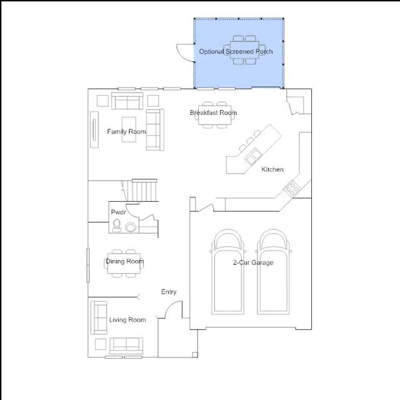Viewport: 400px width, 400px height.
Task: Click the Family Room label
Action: point(126,132)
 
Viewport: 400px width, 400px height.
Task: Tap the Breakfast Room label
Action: point(213,112)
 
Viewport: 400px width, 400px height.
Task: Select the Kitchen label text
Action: point(272,169)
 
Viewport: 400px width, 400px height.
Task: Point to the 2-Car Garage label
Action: point(253,262)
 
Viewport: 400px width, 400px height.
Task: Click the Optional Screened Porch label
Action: point(236,51)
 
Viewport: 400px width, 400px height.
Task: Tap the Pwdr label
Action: point(118,212)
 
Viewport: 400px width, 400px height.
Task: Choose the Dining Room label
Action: point(125,261)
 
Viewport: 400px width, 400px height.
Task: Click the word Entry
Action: point(169,292)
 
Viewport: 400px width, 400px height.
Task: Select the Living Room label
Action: point(127,319)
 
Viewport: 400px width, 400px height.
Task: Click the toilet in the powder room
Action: point(117,226)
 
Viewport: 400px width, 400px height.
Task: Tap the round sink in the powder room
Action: point(131,227)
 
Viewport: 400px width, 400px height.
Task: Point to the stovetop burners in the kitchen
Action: point(292,188)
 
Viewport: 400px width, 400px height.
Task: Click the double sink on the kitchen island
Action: point(252,156)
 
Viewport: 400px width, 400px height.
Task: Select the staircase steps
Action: point(144,190)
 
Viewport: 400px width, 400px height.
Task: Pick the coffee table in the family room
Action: point(129,129)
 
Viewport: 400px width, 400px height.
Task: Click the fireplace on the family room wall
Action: point(94,129)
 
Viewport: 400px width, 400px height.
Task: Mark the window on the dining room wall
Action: point(88,265)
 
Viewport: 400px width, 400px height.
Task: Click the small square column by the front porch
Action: point(195,354)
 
